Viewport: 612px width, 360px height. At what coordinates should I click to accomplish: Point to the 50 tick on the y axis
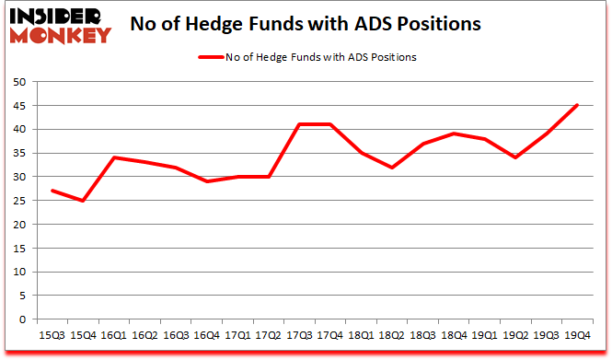[18, 82]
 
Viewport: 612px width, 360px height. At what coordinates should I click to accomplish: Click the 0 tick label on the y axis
[21, 319]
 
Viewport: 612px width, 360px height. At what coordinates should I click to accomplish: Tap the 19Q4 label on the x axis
[577, 337]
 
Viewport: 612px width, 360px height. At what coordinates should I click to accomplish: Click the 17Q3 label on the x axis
[297, 337]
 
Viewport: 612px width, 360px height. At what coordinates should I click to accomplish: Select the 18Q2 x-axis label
[390, 337]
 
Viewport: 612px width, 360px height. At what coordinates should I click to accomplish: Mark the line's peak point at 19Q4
[577, 105]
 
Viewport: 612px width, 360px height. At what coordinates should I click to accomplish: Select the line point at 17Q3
[297, 124]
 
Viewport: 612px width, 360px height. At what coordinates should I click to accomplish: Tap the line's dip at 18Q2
[390, 168]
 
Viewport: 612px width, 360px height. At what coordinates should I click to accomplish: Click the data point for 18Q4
[453, 134]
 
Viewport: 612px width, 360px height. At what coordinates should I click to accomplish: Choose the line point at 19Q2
[514, 157]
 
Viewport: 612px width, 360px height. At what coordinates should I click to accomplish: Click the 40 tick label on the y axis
[18, 129]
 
